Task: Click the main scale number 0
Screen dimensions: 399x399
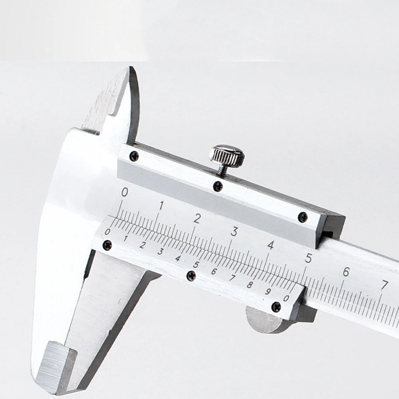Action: pos(124,192)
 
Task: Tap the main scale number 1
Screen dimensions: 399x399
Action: pos(161,205)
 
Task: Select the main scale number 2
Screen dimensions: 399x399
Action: pos(197,218)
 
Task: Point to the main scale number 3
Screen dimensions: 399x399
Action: pos(234,231)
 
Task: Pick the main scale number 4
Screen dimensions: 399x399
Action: pos(271,245)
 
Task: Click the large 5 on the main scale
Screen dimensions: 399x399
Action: pos(308,258)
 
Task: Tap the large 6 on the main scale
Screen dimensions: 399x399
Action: pos(346,272)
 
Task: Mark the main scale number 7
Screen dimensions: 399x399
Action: pos(384,285)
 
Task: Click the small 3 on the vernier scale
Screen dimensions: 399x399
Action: pos(160,252)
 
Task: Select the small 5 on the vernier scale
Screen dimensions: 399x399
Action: pos(196,265)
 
